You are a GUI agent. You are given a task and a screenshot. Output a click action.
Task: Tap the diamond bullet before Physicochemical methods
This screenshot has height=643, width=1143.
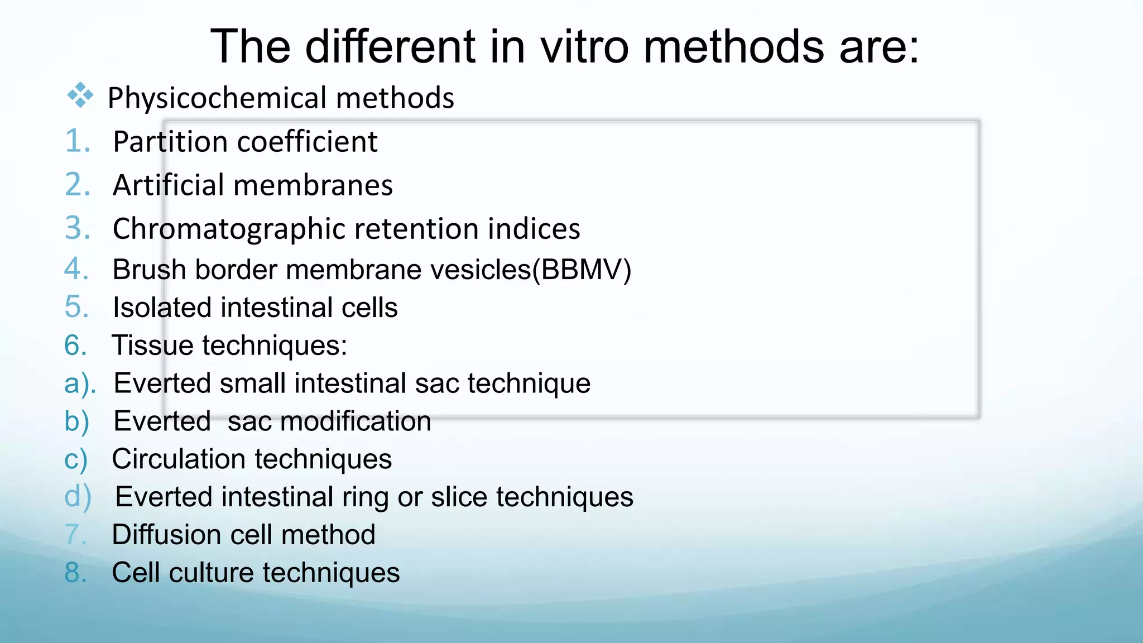pos(80,95)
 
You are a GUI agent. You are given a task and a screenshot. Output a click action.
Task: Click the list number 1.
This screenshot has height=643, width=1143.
pos(77,141)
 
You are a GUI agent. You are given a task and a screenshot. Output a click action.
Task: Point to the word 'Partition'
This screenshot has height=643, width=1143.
pos(170,142)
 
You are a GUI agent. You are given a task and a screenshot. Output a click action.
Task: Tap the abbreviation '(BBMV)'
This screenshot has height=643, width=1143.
pos(582,270)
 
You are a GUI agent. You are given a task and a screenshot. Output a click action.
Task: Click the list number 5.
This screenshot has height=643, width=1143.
pos(76,307)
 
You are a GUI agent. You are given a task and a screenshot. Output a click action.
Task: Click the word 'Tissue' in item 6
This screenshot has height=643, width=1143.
pos(152,345)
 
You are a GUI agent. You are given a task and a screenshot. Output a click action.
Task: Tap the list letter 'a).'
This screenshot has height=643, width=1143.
pos(80,384)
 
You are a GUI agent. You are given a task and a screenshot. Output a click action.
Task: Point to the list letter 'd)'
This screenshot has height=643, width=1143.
pos(78,497)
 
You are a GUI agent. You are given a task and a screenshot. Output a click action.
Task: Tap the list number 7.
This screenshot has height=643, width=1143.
pos(75,535)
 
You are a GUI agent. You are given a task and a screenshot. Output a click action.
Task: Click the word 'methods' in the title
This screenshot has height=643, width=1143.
pos(733,46)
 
